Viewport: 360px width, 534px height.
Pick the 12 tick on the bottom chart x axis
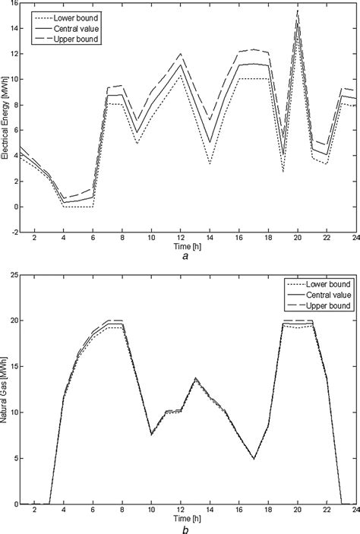pos(180,512)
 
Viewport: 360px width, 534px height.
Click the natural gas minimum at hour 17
pos(253,459)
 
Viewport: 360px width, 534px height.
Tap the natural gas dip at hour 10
pos(151,434)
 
